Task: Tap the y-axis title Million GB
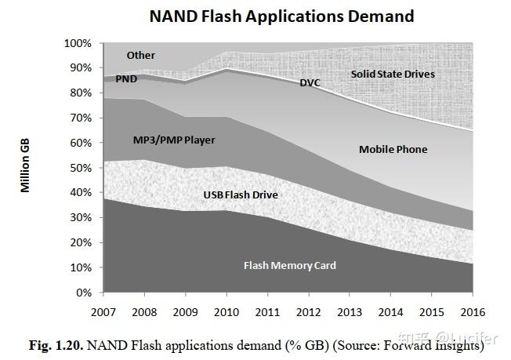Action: point(25,165)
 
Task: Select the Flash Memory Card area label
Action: point(289,265)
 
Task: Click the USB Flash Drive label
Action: point(241,194)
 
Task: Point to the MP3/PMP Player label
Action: point(174,140)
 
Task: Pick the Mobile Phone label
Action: point(393,149)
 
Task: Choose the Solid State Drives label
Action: point(393,75)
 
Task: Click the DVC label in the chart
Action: point(310,82)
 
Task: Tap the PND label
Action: point(127,79)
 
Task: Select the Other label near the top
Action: point(141,56)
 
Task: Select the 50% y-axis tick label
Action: point(81,168)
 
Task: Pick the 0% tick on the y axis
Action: point(84,293)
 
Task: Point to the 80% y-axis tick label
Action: point(81,93)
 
